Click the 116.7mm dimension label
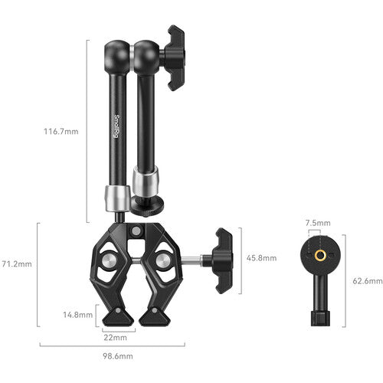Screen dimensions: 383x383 61,131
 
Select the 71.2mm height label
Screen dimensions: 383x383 16,264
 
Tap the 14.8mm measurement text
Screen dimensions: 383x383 78,315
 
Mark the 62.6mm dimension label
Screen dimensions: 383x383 368,281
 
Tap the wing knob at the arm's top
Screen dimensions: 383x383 175,57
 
